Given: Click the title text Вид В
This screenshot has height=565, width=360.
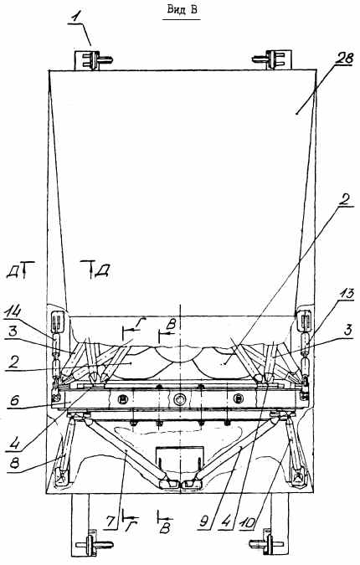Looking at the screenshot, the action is (182, 10).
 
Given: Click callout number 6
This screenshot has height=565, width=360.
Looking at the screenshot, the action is (16, 401).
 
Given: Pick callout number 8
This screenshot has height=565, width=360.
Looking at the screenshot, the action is (15, 462).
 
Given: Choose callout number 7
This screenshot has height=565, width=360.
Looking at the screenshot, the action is (110, 522).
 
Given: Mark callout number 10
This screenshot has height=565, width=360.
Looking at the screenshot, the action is (247, 521).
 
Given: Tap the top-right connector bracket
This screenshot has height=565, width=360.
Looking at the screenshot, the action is (272, 59).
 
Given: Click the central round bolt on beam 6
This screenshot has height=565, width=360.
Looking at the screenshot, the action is (179, 399).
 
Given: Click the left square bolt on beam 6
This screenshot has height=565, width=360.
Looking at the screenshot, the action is (123, 399).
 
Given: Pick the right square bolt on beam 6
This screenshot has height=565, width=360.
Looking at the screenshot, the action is (239, 398).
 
